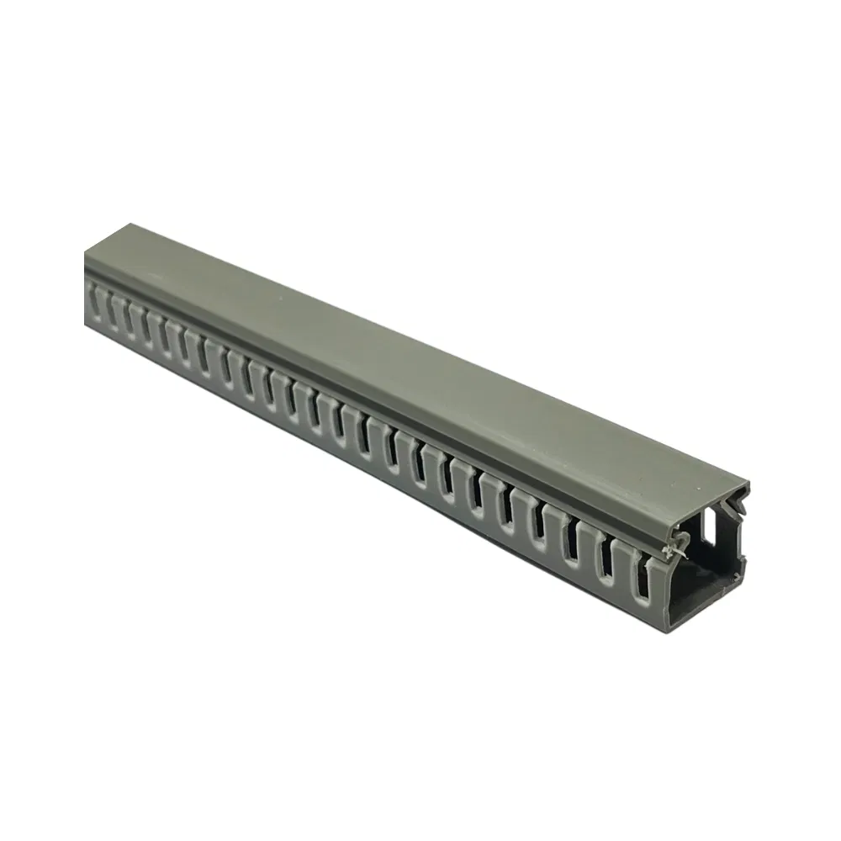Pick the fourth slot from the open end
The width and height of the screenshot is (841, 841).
[x=539, y=527]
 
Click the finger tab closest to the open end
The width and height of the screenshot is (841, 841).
[x=660, y=580]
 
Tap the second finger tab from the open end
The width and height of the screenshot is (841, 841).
[x=625, y=563]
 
